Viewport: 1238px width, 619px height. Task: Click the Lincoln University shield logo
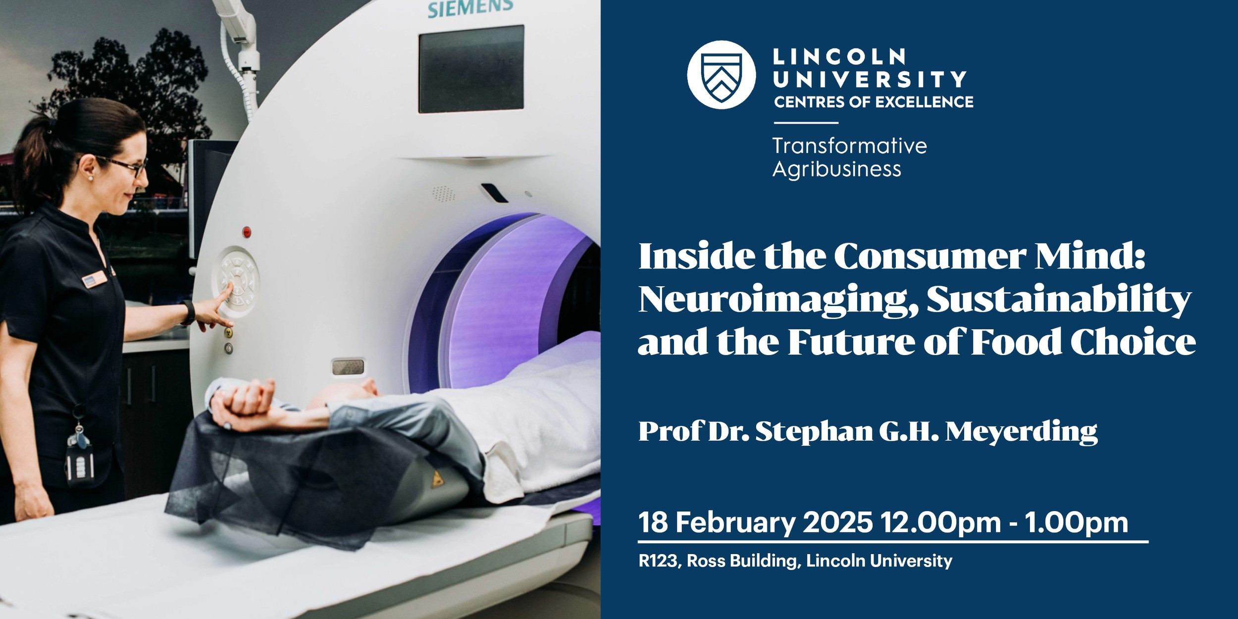point(722,75)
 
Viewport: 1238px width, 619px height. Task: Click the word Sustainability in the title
point(1059,300)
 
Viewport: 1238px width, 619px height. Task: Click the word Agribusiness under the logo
point(837,170)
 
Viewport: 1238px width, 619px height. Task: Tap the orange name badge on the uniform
point(94,278)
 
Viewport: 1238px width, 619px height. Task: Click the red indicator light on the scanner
point(247,231)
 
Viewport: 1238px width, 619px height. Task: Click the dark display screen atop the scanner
point(471,69)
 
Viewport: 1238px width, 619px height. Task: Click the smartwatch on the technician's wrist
point(188,312)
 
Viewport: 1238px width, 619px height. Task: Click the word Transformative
point(850,146)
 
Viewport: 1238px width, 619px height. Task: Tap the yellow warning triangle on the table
point(437,479)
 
